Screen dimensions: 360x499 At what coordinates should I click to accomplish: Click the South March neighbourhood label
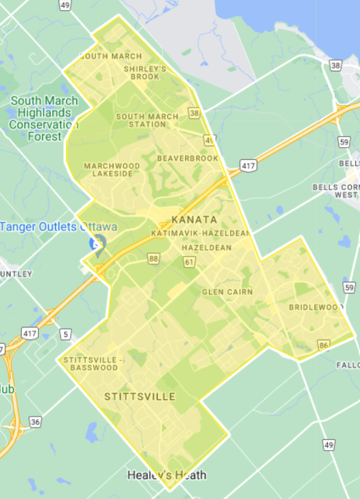click(x=111, y=56)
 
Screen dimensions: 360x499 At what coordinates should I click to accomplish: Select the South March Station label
click(x=147, y=120)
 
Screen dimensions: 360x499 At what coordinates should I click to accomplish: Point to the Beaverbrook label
click(x=187, y=158)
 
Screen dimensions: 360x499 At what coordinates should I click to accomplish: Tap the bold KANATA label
click(x=195, y=219)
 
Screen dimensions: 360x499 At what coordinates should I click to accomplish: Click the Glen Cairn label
click(x=227, y=292)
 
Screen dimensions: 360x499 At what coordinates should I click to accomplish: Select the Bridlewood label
click(x=316, y=308)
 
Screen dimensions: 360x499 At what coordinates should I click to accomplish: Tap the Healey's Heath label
click(x=167, y=474)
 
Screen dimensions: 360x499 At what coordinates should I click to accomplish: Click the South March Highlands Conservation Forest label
click(x=44, y=118)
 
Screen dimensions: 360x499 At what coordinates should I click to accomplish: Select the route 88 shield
click(x=153, y=259)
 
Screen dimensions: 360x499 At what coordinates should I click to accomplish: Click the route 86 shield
click(x=323, y=346)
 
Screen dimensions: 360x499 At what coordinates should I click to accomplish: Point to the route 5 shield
click(x=65, y=334)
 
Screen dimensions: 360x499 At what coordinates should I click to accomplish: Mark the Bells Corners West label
click(x=336, y=191)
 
